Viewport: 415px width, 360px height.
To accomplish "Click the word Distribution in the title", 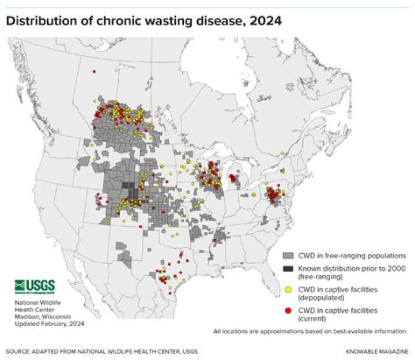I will pyautogui.click(x=40, y=22).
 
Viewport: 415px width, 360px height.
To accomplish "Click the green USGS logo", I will pyautogui.click(x=34, y=286).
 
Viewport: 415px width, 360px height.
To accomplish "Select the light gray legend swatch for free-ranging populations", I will pyautogui.click(x=289, y=255).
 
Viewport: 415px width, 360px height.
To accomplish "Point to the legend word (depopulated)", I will pyautogui.click(x=321, y=298).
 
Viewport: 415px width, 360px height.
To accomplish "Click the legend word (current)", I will pyautogui.click(x=313, y=318).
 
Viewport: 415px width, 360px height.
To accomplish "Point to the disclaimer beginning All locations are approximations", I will pyautogui.click(x=310, y=332).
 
